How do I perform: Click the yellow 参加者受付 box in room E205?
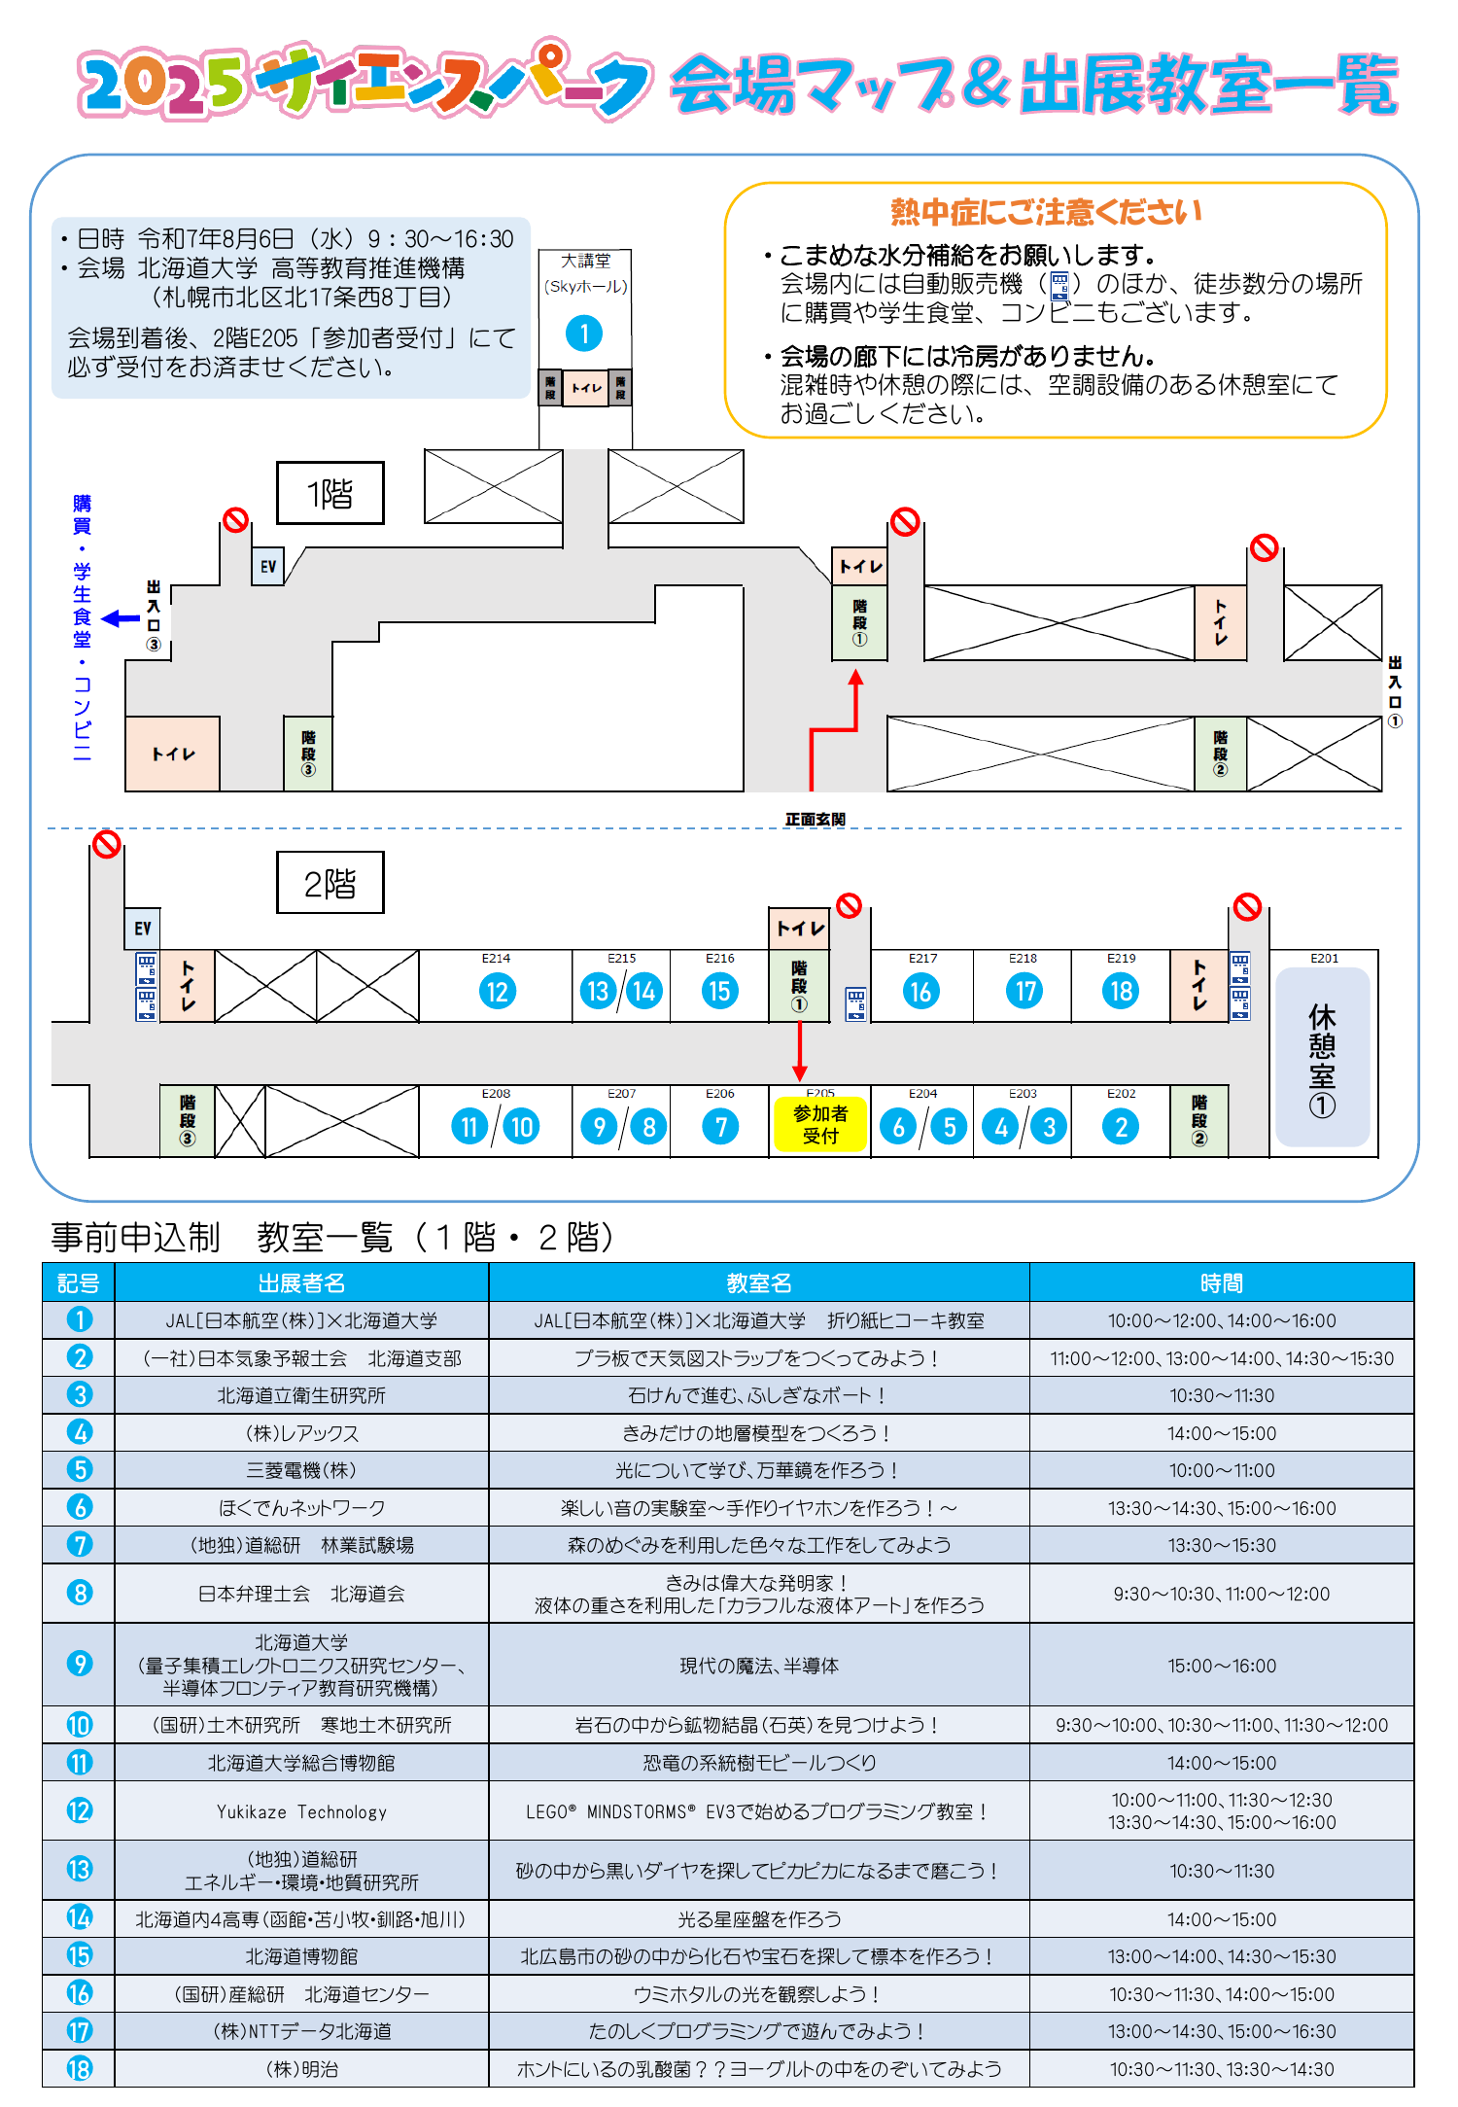(819, 1124)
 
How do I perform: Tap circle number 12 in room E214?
(497, 991)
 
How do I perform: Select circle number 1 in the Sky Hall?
(584, 334)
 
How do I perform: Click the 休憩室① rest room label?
(1322, 1059)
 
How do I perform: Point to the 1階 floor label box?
(330, 494)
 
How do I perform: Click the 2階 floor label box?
(330, 883)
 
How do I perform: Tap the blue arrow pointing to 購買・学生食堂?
(121, 618)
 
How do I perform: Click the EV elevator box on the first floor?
(268, 566)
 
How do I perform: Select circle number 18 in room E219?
(1121, 991)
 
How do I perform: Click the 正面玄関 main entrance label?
(815, 820)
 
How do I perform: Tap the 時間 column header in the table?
(1221, 1282)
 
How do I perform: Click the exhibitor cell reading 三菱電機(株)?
(301, 1470)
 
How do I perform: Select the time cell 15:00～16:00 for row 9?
(1221, 1666)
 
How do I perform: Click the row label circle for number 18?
(80, 2068)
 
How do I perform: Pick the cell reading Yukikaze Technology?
(301, 1811)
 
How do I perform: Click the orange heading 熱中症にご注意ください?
(1046, 211)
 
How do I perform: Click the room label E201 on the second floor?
(1324, 959)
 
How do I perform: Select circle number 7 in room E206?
(720, 1127)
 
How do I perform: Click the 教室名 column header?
(758, 1282)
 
